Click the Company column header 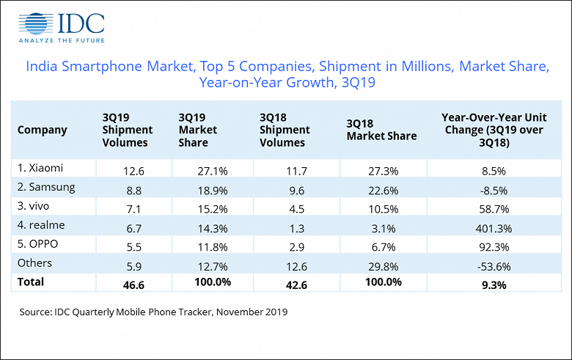pyautogui.click(x=42, y=130)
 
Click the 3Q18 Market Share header pyautogui.click(x=381, y=130)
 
